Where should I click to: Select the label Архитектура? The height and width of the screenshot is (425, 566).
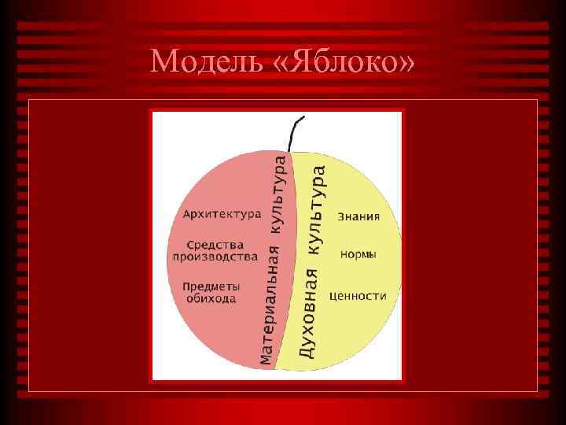pyautogui.click(x=221, y=214)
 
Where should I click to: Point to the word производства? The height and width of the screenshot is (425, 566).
pyautogui.click(x=215, y=257)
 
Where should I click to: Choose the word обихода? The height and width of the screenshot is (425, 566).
pyautogui.click(x=211, y=299)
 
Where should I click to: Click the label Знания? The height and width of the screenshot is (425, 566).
pyautogui.click(x=358, y=216)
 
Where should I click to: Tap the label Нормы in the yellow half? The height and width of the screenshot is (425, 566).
pyautogui.click(x=358, y=255)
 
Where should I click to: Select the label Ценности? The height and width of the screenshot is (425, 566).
pyautogui.click(x=358, y=297)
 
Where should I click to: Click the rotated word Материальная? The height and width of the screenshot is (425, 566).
pyautogui.click(x=269, y=307)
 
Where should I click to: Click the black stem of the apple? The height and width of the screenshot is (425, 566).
pyautogui.click(x=296, y=134)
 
